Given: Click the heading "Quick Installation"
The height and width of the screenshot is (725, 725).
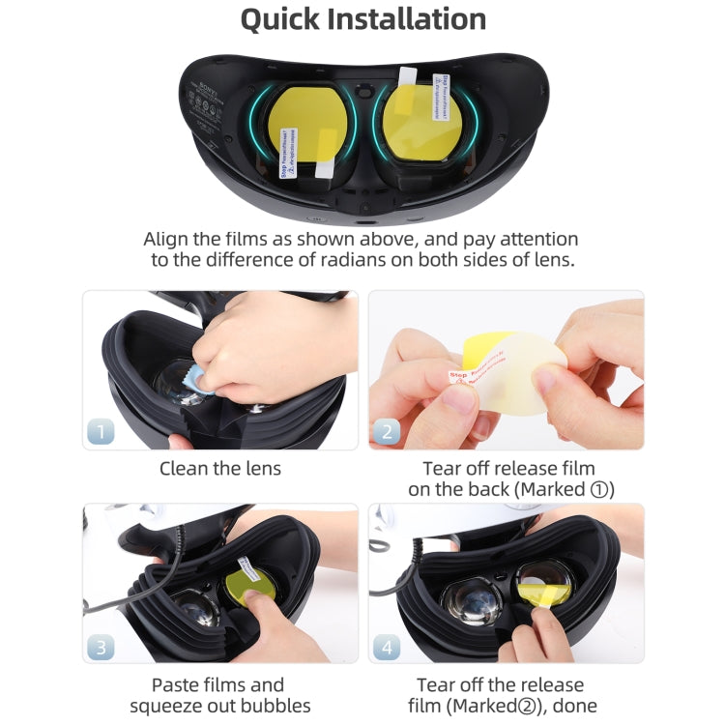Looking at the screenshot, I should click(x=362, y=19).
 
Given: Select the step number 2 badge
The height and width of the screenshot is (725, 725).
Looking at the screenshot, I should click(x=387, y=430).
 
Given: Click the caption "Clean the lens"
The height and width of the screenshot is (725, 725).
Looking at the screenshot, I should click(x=220, y=469).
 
